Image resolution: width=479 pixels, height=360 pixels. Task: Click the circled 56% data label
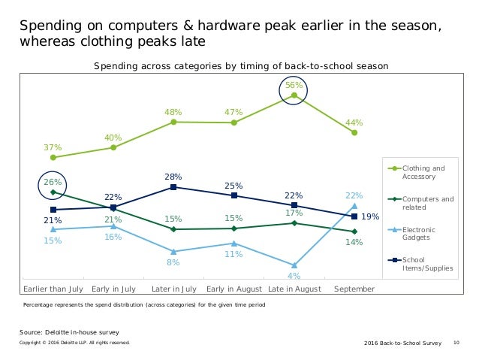coord(294,86)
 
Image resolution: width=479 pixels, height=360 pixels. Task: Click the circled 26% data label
coord(53,182)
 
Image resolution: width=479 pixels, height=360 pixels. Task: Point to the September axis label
coord(354,289)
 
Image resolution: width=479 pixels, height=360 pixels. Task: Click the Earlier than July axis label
coord(53,289)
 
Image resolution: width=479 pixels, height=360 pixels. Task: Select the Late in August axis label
coord(294,289)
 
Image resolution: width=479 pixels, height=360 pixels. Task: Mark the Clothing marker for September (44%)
coord(354,133)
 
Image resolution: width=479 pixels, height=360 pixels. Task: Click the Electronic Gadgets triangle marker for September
coord(354,205)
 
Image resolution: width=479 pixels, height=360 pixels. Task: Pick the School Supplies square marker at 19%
coord(354,216)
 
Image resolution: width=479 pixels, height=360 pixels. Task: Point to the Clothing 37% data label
coord(53,147)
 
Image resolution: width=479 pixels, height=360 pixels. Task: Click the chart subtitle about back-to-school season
coord(240,66)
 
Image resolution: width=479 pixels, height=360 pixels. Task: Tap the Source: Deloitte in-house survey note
coord(69,331)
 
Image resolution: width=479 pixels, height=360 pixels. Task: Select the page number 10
coord(456,343)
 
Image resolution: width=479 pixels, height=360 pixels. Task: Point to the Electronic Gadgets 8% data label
coord(173,263)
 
